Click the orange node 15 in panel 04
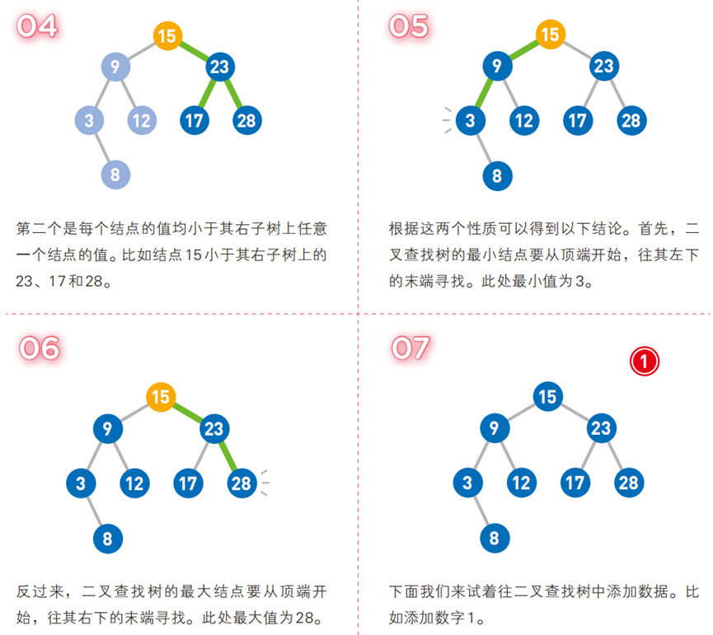coord(167,35)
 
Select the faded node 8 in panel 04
coord(115,174)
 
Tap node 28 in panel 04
coord(246,121)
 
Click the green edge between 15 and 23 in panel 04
coord(193,50)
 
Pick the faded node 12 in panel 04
coord(142,121)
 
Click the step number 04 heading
coord(38,26)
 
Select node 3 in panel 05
coord(470,121)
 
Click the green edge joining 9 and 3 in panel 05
coord(482,94)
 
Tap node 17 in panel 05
coord(577,121)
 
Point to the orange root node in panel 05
coord(549,35)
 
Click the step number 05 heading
coord(409,26)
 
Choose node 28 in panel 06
coord(241,483)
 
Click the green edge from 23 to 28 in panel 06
coord(228,456)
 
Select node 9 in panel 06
coord(107,429)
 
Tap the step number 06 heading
coord(40,348)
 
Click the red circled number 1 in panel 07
coord(645,360)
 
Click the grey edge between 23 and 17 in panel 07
coord(589,455)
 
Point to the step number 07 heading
coord(410,348)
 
